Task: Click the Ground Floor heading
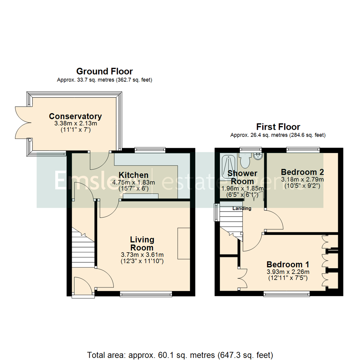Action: [104, 71]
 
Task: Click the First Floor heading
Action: [278, 127]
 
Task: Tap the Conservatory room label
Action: [75, 116]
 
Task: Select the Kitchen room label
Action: [134, 175]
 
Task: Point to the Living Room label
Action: [142, 243]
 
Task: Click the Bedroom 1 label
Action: [288, 264]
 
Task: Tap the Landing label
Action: [242, 208]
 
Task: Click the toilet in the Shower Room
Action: [245, 161]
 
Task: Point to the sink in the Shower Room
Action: [258, 156]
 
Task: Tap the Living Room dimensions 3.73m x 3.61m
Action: [142, 255]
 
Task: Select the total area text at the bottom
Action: [180, 354]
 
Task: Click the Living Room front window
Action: [146, 294]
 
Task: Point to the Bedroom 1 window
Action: [286, 294]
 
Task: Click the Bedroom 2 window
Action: [303, 150]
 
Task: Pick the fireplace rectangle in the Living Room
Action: [184, 243]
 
